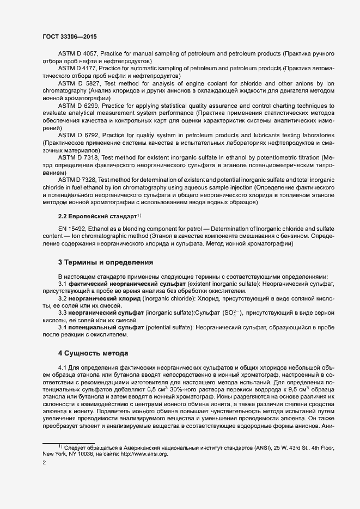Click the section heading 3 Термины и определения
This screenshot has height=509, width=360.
(105, 263)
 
